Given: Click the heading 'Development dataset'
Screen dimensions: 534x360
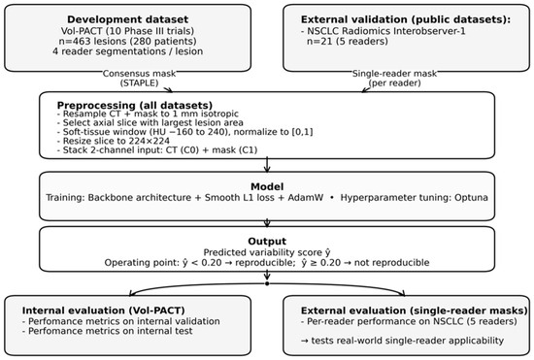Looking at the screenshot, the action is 127,19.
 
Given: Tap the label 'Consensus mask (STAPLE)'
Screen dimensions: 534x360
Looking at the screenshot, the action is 139,79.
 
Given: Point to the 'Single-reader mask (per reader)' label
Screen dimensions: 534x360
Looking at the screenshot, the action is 394,79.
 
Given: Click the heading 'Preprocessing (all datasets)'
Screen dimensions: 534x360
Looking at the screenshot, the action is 135,105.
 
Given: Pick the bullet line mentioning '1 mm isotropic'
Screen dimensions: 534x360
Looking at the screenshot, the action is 148,114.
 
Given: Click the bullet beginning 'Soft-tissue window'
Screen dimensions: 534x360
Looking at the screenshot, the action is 184,132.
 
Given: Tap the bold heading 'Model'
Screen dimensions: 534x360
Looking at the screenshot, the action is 267,186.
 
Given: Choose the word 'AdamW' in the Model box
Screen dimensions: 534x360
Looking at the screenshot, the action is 306,198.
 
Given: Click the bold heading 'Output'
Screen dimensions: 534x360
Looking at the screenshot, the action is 267,242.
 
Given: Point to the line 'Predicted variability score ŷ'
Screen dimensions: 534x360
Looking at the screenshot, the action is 267,252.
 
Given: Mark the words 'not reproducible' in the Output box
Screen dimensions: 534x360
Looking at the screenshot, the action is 391,263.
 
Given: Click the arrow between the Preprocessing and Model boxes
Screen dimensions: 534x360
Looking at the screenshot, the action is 267,165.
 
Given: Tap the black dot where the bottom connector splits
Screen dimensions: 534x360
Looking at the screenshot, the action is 267,283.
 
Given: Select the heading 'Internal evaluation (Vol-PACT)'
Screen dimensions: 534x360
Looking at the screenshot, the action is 104,311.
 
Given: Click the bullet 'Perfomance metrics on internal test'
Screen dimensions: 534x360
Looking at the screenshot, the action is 107,331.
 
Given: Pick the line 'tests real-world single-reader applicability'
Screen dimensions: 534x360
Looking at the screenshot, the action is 402,341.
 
